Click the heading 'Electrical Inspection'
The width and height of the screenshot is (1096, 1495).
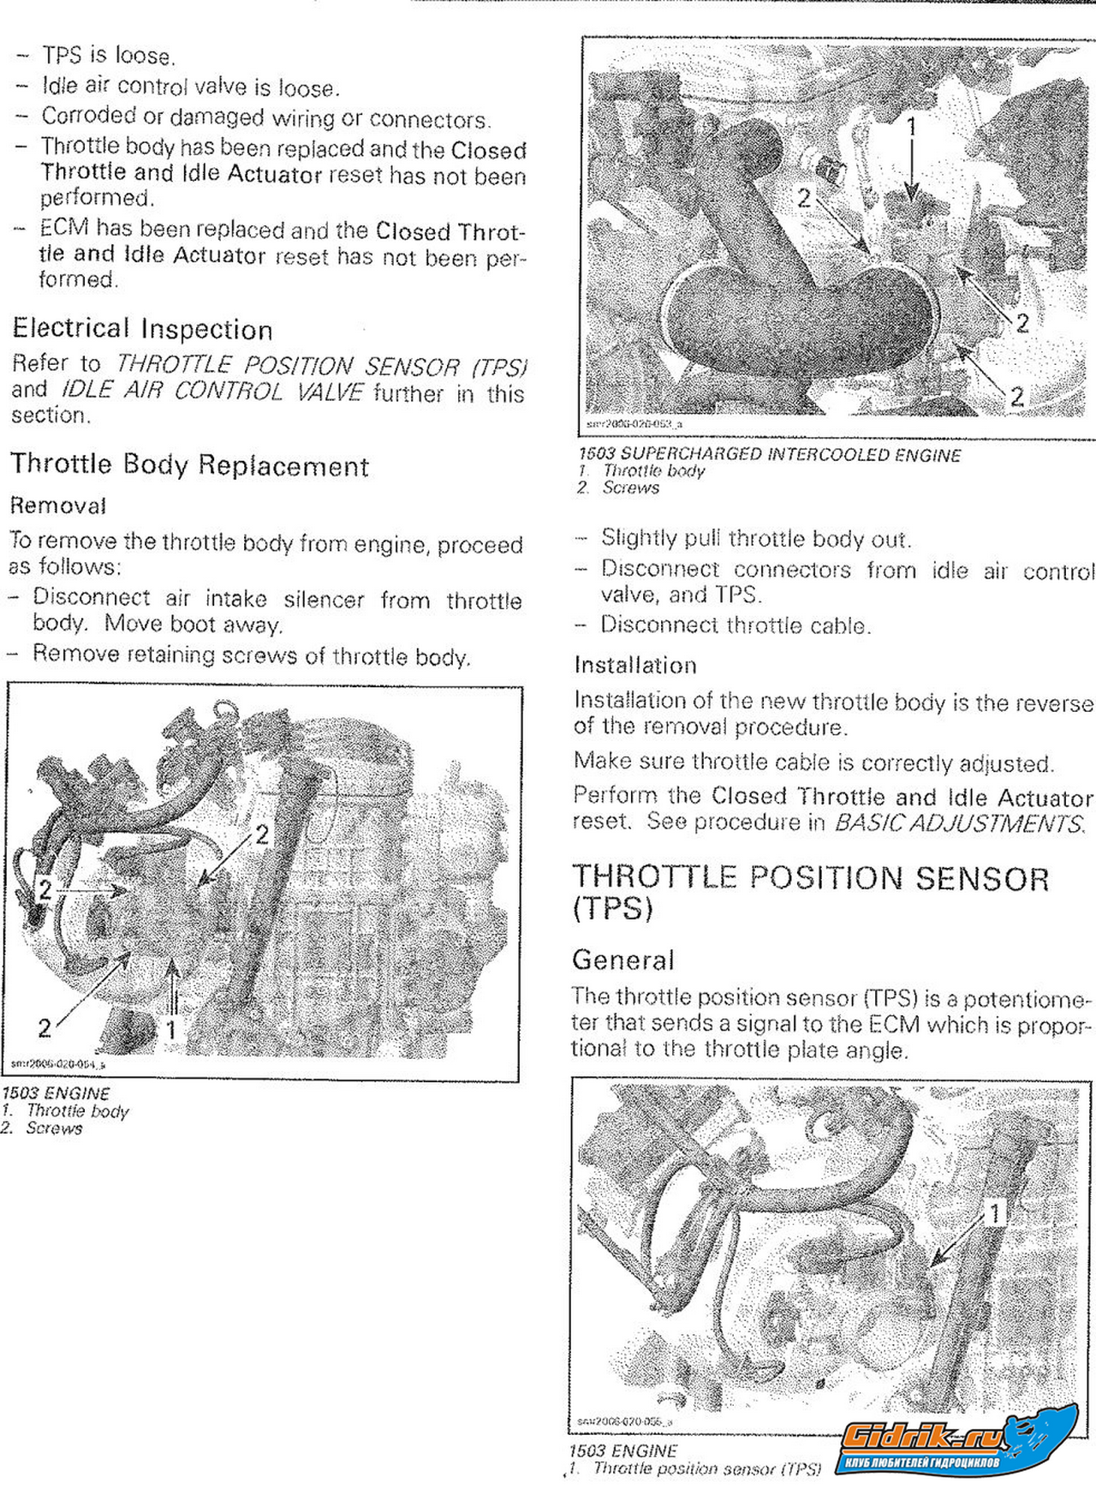(x=142, y=329)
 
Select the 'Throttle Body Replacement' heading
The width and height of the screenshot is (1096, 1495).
(x=189, y=465)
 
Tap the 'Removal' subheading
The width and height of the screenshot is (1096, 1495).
(x=57, y=505)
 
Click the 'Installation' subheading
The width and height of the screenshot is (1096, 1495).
(x=635, y=665)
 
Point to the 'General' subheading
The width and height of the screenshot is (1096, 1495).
(x=623, y=960)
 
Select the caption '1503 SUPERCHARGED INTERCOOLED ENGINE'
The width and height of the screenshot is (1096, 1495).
(x=769, y=454)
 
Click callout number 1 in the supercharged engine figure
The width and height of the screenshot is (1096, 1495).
(x=912, y=127)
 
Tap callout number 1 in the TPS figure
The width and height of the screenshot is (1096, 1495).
(x=995, y=1213)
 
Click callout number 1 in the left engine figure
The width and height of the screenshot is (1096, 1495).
(x=171, y=1029)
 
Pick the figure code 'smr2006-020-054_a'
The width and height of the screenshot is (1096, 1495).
(x=58, y=1064)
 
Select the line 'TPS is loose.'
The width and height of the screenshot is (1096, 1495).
(x=108, y=56)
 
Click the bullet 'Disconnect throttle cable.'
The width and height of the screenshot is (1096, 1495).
(x=735, y=625)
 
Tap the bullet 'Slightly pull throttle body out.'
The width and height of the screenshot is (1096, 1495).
(x=755, y=539)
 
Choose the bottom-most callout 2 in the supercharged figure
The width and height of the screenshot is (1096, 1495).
(x=1016, y=397)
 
